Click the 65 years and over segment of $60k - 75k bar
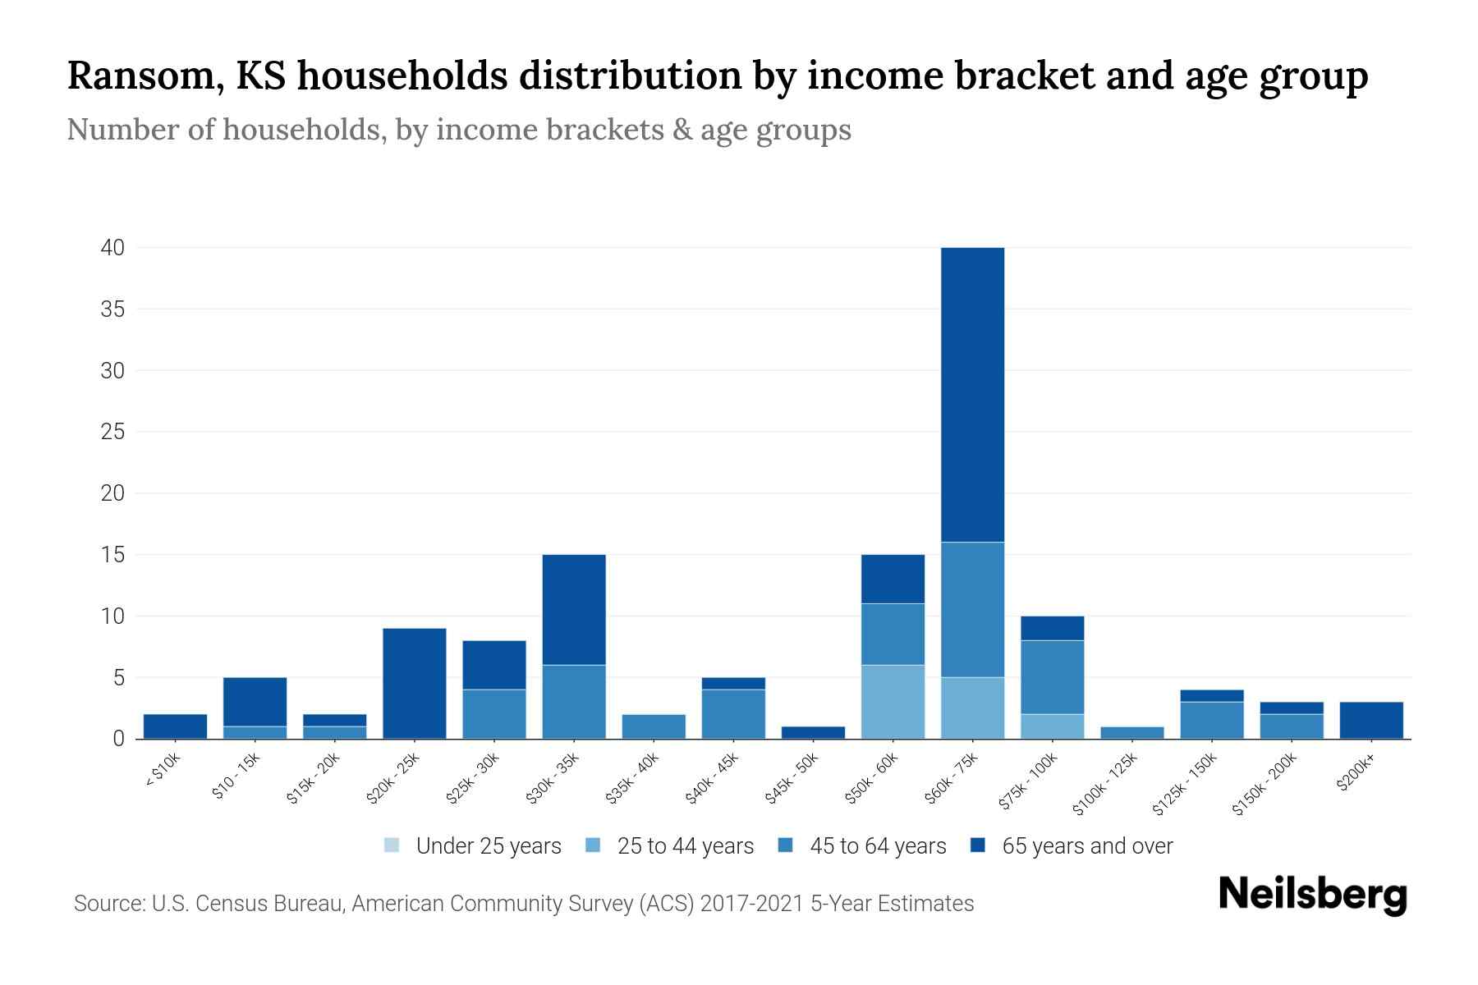point(972,394)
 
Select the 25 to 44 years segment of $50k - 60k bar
point(893,702)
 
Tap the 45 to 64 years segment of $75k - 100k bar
point(1052,677)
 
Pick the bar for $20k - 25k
point(415,683)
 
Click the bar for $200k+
point(1371,720)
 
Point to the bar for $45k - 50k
point(813,732)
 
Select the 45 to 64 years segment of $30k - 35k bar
point(574,702)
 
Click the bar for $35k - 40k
point(654,726)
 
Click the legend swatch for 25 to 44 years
point(593,845)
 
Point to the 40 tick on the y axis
point(113,248)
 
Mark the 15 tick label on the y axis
point(113,555)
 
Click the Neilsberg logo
point(1312,895)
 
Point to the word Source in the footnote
point(108,904)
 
